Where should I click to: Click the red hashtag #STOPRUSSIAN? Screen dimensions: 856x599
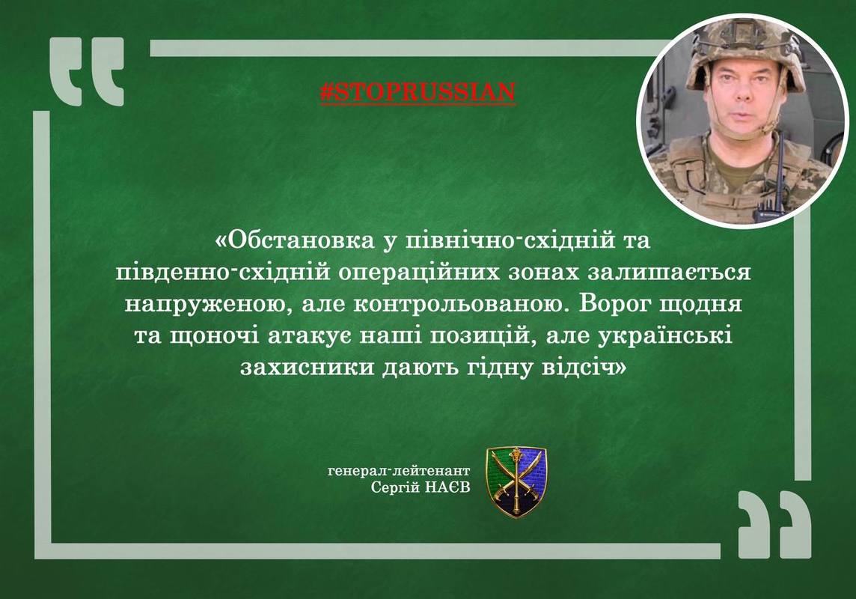(418, 93)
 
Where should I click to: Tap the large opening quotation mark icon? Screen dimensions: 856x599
(87, 71)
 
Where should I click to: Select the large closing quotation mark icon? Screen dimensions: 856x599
(774, 524)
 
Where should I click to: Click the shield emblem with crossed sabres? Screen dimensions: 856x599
(516, 481)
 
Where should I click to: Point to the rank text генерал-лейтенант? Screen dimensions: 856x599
(399, 471)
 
